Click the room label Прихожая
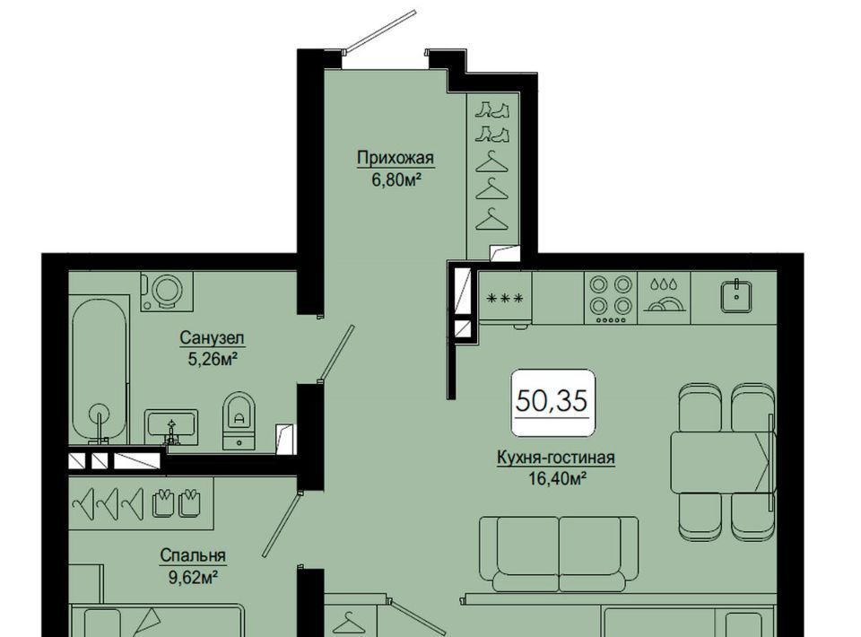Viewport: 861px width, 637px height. [396, 159]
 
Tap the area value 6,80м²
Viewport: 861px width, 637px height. [396, 179]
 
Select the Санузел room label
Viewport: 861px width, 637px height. [212, 337]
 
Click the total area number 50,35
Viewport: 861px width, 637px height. [552, 401]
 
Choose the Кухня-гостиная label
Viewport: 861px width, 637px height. [556, 458]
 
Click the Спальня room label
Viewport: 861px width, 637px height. [193, 555]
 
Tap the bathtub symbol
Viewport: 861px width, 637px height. [100, 369]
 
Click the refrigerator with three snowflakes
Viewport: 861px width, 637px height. [505, 298]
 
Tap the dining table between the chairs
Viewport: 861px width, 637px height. [722, 462]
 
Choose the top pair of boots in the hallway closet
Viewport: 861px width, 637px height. [492, 109]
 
